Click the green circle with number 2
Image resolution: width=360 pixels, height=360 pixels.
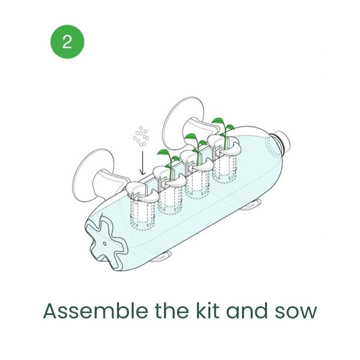(x=67, y=42)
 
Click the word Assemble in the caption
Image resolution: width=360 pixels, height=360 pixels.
(x=96, y=311)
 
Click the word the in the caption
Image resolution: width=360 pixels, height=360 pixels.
(x=172, y=311)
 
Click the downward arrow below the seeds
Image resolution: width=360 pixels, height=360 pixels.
(x=142, y=163)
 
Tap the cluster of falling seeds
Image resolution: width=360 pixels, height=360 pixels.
(x=141, y=136)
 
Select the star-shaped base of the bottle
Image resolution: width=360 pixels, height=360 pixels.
(x=106, y=241)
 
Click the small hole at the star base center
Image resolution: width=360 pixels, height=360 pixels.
(x=105, y=243)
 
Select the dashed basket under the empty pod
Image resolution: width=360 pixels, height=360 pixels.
(x=142, y=214)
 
